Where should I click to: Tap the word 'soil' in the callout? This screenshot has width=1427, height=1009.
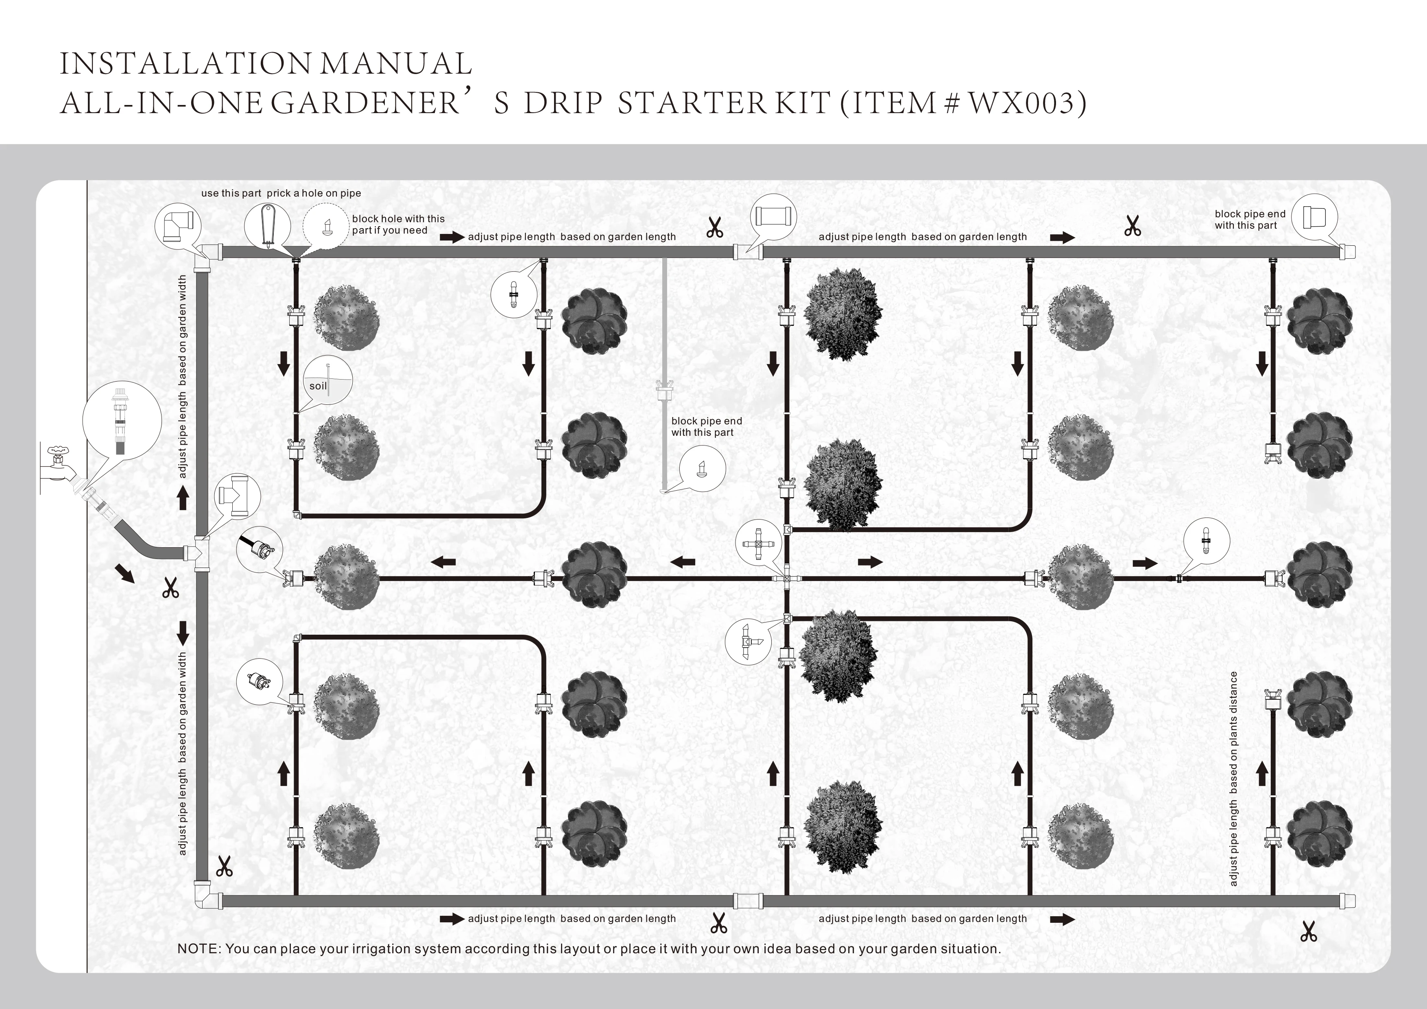coord(318,386)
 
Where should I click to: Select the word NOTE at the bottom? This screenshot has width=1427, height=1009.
coord(199,949)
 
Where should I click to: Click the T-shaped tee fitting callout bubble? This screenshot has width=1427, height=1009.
coord(238,495)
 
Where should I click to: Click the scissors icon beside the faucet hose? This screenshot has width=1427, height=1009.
coord(170,587)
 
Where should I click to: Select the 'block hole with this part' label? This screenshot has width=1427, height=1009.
coord(398,225)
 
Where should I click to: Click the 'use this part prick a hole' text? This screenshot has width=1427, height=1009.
coord(281,193)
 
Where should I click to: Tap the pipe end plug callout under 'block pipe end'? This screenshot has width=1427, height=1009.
coord(702,468)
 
